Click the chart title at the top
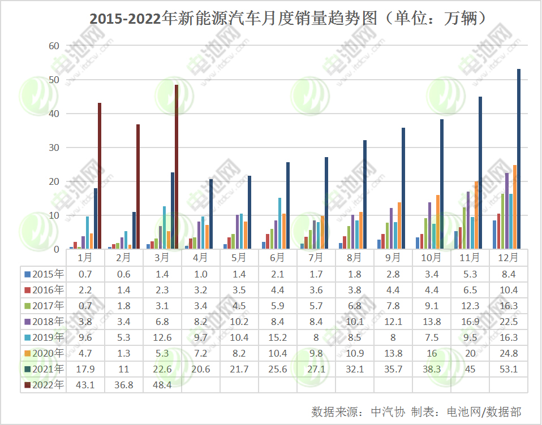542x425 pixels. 289,19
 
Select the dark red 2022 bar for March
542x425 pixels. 177,167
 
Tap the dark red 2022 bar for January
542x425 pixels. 100,176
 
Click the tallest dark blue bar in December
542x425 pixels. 519,159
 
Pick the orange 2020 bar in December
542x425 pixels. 515,207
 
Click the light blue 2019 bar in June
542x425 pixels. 279,223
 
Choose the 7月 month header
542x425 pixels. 317,258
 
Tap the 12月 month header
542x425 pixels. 509,258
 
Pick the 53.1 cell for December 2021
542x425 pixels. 509,369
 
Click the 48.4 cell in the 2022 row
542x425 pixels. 163,385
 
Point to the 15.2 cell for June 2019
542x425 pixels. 278,337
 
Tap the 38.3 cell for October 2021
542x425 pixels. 432,369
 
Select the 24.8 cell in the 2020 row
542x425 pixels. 509,353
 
